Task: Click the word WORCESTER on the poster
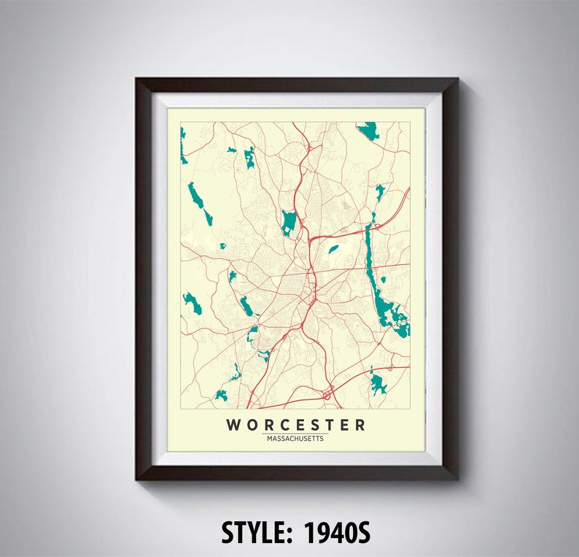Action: [x=295, y=425]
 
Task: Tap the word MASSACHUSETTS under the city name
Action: [x=295, y=439]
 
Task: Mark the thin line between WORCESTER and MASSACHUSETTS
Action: [x=295, y=434]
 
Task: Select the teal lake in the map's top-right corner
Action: [x=369, y=130]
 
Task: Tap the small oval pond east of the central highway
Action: [x=333, y=249]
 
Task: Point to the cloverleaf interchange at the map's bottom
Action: [x=327, y=394]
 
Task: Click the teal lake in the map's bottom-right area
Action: [x=377, y=383]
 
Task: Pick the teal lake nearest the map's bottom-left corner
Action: [x=221, y=395]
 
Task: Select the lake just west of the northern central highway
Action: [x=289, y=221]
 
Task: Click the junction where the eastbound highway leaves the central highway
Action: [x=311, y=238]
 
